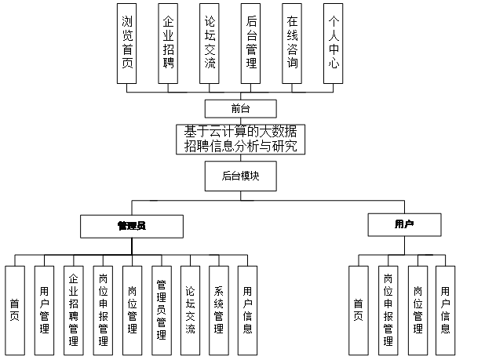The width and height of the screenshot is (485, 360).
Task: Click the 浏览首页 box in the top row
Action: tap(127, 43)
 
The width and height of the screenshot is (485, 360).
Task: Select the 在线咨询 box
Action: tap(292, 43)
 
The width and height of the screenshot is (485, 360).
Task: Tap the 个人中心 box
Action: tap(333, 43)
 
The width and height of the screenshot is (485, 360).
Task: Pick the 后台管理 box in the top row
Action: tap(250, 43)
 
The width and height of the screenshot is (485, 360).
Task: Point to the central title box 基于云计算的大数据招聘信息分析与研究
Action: tap(240, 138)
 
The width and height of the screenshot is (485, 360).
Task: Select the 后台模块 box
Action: tap(240, 176)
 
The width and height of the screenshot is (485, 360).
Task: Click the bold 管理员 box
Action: tap(132, 226)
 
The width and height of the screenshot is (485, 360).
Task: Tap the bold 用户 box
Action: tap(404, 225)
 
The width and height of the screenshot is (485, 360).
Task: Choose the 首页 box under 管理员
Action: tap(14, 308)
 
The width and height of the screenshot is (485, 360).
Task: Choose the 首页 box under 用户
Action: tap(358, 308)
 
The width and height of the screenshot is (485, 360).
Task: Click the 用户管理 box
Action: tap(44, 308)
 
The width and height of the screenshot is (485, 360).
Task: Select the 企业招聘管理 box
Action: tap(73, 308)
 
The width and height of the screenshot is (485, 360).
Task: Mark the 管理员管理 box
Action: tap(161, 308)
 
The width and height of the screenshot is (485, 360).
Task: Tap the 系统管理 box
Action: tap(219, 308)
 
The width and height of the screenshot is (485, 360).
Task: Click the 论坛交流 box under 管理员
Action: tap(190, 308)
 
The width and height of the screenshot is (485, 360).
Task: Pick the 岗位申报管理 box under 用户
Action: tap(388, 308)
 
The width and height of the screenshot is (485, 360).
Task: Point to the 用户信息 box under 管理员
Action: tap(247, 308)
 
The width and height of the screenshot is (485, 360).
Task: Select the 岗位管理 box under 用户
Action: tap(417, 308)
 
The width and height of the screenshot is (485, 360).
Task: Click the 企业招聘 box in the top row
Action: tap(168, 43)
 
